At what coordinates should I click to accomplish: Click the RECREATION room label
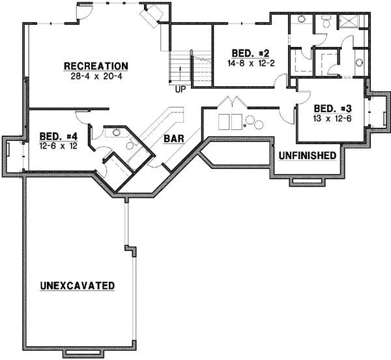coord(95,66)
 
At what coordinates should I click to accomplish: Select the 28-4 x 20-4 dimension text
coord(95,76)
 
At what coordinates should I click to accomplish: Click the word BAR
coord(173,139)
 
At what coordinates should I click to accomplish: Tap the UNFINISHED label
coord(307,156)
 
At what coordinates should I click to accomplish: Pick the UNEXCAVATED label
coord(77,286)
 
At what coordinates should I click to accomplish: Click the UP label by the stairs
coord(179,90)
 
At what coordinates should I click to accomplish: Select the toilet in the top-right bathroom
coord(302,19)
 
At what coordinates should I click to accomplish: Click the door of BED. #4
coord(83,117)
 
